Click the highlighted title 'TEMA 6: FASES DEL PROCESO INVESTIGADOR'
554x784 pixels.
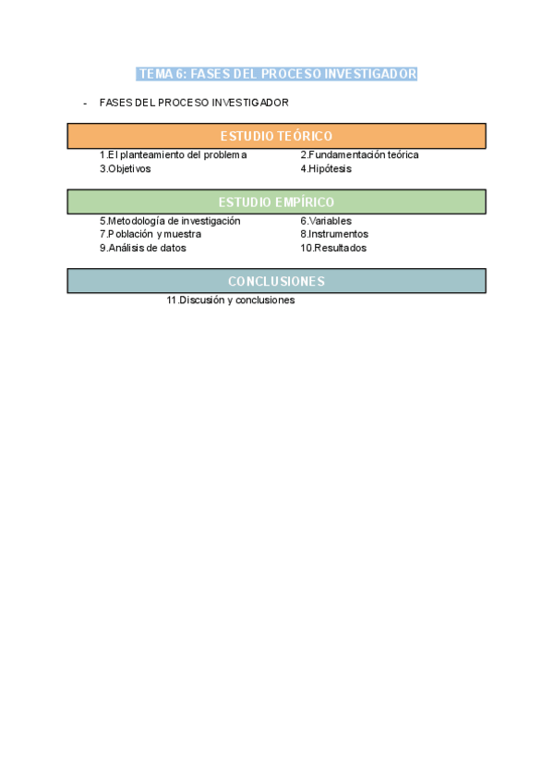click(277, 74)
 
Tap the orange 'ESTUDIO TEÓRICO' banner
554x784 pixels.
click(276, 136)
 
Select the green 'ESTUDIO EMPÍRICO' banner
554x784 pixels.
click(276, 202)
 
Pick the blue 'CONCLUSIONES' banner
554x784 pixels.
click(276, 281)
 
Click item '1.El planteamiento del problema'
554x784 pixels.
click(173, 155)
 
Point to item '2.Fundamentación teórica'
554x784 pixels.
click(359, 155)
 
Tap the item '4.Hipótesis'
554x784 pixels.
click(326, 169)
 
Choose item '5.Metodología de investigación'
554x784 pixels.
click(170, 221)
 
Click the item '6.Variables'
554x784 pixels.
click(325, 221)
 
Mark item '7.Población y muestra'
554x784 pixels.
click(150, 235)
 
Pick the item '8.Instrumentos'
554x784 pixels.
click(334, 235)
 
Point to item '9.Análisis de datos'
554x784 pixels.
click(142, 248)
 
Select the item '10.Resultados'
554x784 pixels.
click(333, 248)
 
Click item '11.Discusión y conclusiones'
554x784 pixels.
click(231, 300)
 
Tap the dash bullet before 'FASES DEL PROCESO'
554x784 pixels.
click(85, 103)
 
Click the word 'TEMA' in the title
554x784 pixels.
click(153, 74)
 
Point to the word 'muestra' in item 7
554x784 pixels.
click(182, 235)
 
